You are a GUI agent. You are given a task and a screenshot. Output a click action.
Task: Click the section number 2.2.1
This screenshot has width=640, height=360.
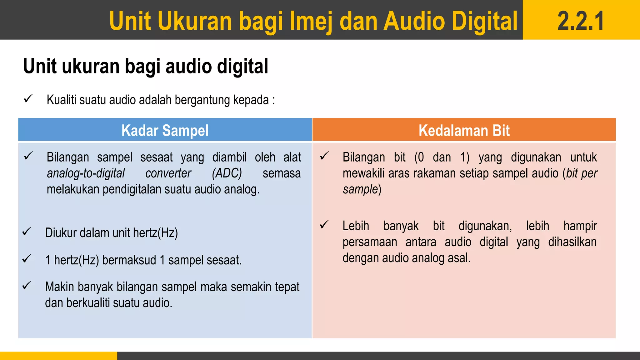point(581,21)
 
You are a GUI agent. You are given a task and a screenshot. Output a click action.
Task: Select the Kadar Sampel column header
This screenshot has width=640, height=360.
point(165,130)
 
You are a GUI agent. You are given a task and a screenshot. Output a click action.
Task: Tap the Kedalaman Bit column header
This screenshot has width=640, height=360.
point(464,130)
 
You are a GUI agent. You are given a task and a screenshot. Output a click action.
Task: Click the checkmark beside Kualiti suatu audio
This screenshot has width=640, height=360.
point(28,99)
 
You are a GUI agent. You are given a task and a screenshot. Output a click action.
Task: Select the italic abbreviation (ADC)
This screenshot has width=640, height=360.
point(227,173)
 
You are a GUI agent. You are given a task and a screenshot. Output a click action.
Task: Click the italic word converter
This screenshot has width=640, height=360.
point(168,173)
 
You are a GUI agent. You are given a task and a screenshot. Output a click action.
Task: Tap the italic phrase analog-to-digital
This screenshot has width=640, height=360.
point(86,173)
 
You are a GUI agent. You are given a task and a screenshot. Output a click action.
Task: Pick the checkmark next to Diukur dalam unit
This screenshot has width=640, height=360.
point(27,232)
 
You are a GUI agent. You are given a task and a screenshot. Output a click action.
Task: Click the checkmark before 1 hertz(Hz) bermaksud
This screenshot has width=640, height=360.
point(27,259)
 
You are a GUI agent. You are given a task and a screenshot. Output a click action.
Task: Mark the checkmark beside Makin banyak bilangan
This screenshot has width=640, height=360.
point(27,286)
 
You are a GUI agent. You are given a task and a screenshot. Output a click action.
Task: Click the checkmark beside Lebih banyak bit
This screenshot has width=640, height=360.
point(324,225)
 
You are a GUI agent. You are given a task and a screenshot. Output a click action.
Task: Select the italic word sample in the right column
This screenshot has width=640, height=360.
point(360,189)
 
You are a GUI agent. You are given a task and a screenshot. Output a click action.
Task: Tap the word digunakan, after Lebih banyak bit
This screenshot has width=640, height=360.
point(485,226)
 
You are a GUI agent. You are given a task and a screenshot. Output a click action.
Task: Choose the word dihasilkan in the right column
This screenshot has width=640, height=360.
point(572,242)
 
